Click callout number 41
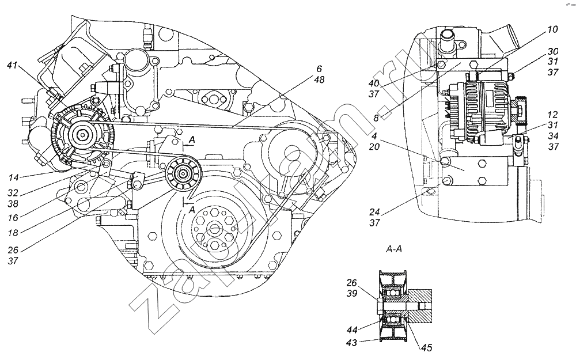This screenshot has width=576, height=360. tap(12, 66)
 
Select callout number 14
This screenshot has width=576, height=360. tap(14, 178)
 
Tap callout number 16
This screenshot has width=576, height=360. tap(13, 218)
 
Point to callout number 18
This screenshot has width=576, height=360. tap(13, 233)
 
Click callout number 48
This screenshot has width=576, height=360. tap(319, 79)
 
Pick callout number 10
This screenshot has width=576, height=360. tap(552, 29)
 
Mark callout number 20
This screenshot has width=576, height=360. tap(374, 146)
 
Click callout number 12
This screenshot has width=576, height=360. tap(552, 115)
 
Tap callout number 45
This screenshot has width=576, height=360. tap(427, 347)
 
